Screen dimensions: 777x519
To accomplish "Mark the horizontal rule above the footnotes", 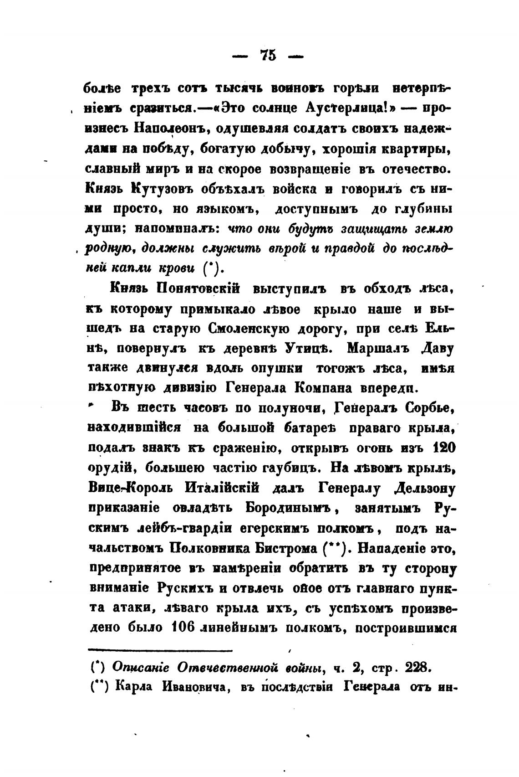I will click(x=160, y=649).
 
